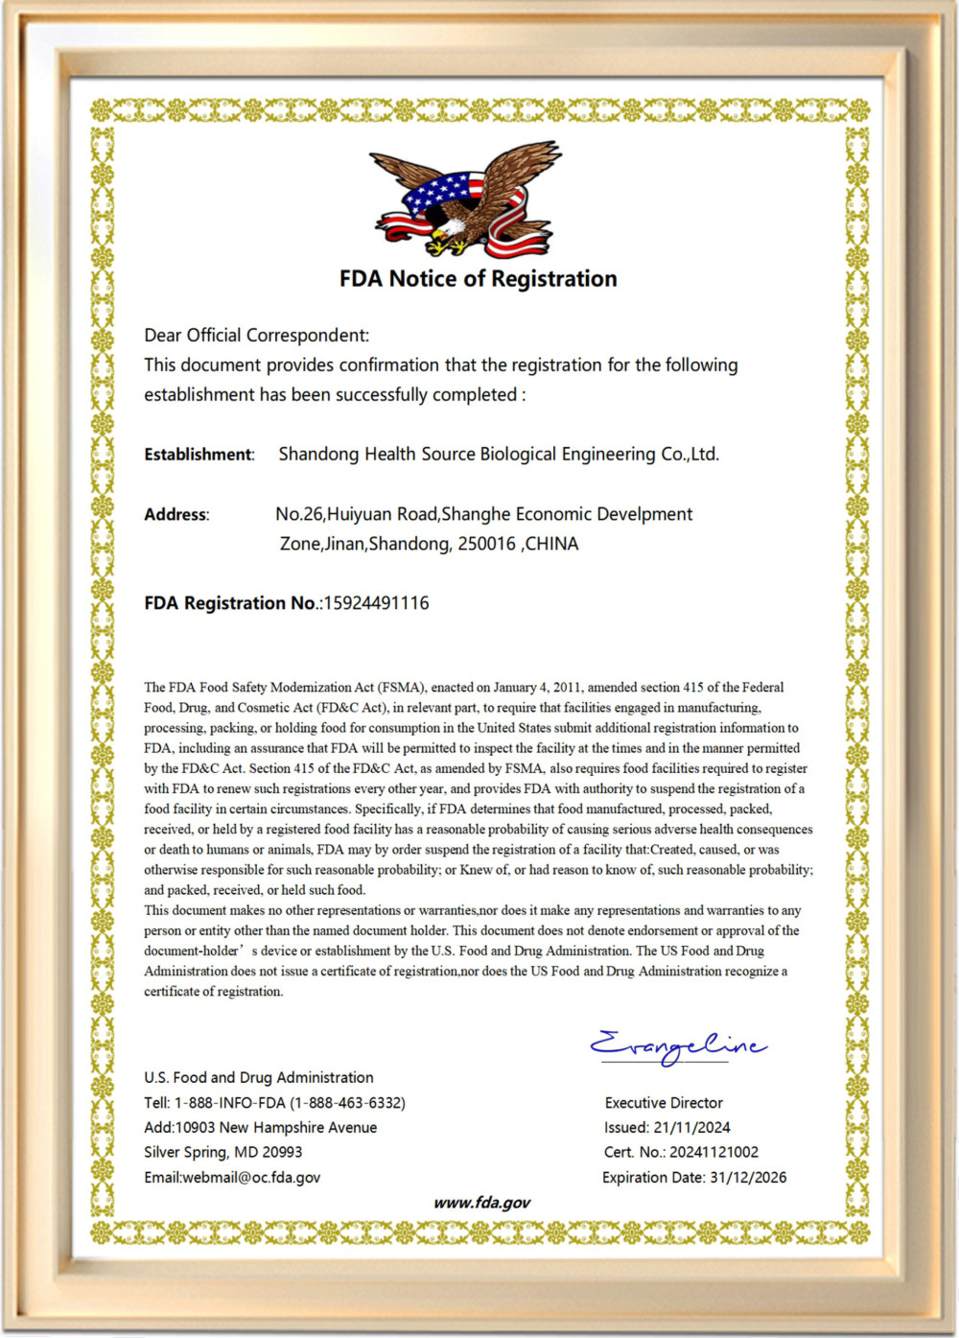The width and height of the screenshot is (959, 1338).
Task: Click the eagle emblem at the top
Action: coord(466,201)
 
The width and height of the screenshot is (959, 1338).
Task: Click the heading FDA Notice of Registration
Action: coord(478,279)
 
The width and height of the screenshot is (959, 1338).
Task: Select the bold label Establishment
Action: coord(199,455)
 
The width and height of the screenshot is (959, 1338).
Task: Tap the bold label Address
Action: coord(175,515)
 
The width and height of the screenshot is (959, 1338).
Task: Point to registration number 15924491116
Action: coord(376,603)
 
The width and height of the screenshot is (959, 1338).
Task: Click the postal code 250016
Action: coord(486,544)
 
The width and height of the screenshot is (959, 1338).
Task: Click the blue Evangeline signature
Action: coord(677,1046)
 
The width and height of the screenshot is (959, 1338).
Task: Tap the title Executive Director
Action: coord(664,1103)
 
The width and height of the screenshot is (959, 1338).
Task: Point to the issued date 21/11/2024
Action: coord(691,1128)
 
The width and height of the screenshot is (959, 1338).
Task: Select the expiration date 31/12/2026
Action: coord(748,1178)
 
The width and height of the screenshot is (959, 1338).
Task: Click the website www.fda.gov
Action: coord(481,1203)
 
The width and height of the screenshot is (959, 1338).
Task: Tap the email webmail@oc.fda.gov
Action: coord(251,1178)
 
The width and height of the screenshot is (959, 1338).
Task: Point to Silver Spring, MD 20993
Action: coord(222,1153)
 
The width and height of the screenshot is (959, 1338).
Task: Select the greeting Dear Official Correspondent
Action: coord(256,336)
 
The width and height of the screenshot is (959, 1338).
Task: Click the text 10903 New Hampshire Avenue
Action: coord(275,1128)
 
